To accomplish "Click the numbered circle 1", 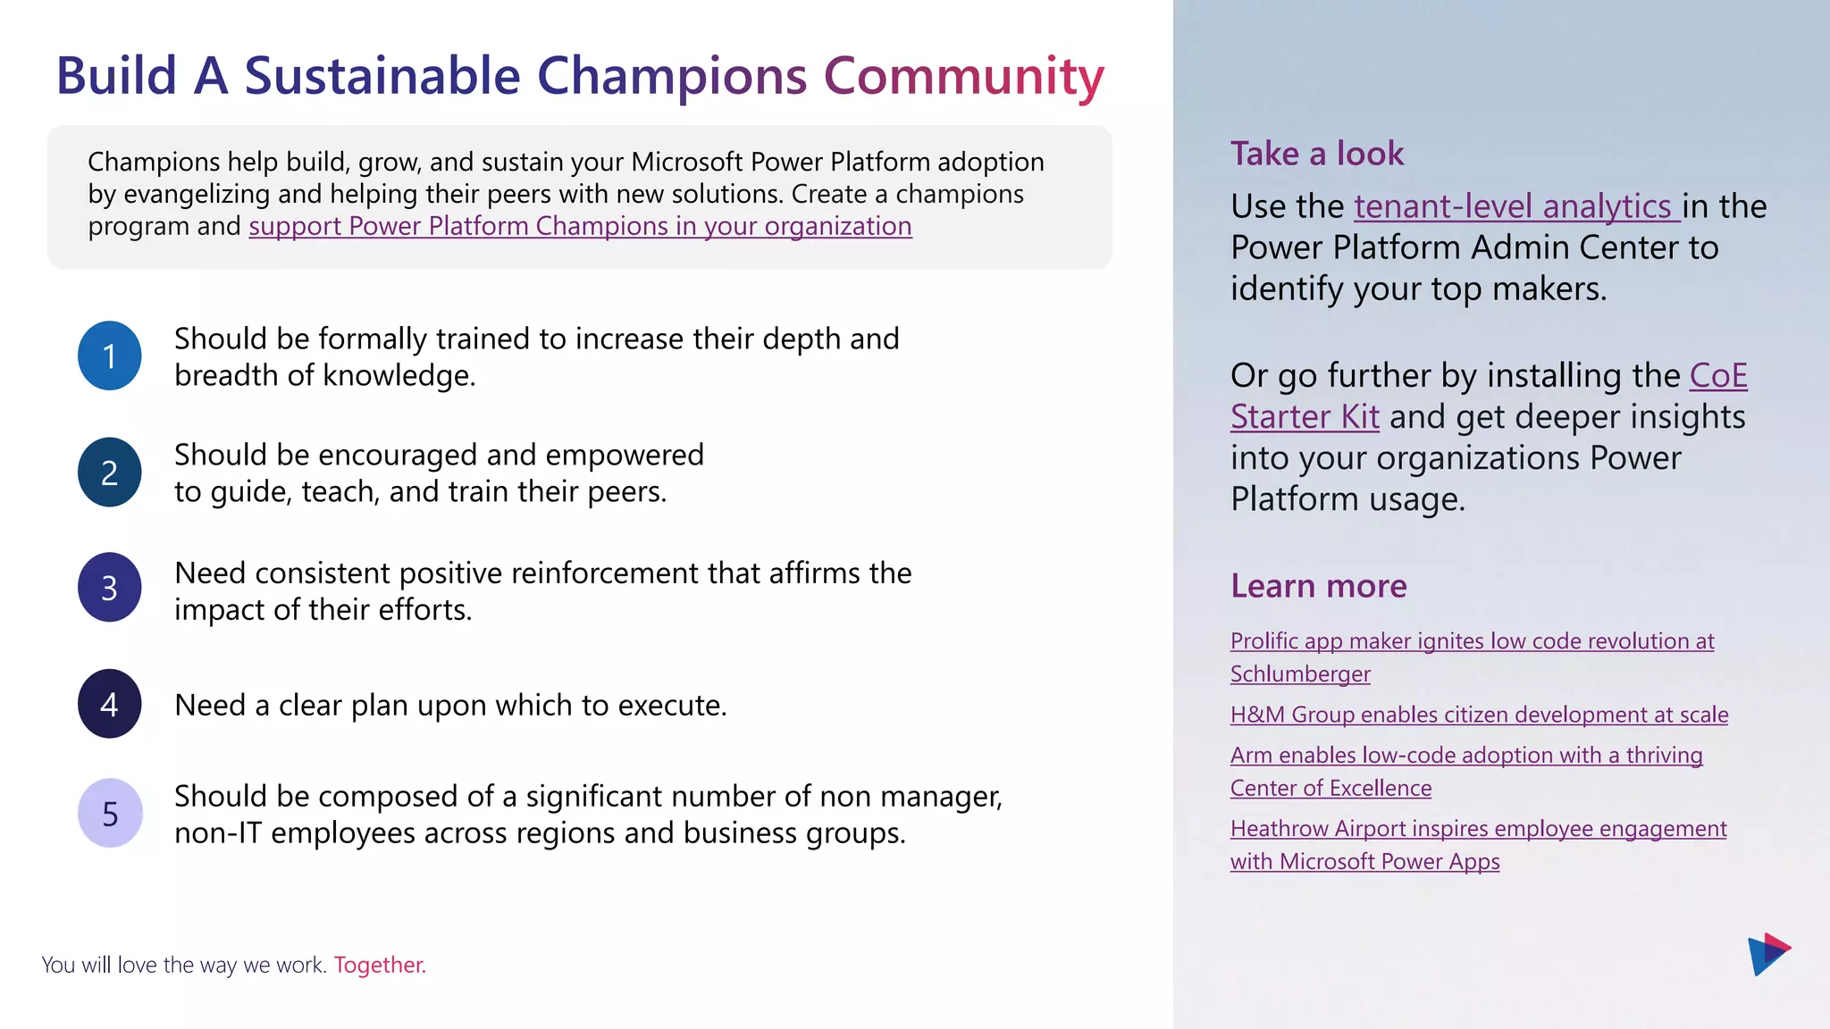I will click(109, 356).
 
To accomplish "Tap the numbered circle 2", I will click(109, 472).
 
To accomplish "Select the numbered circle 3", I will click(109, 588).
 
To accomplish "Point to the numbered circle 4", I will click(109, 704).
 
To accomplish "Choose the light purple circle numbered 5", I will click(110, 813).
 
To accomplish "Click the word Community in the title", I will click(963, 76).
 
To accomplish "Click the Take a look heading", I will click(1316, 154).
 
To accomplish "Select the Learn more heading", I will click(1318, 586).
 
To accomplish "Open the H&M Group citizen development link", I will click(1479, 715).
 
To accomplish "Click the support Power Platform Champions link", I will click(580, 226).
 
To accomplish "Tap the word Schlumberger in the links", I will click(1300, 674).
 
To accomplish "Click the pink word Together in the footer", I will click(380, 965).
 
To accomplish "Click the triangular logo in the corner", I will click(1767, 954).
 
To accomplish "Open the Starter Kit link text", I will click(1305, 417).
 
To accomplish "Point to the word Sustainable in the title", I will click(382, 76).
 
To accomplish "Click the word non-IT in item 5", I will click(217, 833).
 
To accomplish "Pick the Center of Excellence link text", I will click(1331, 789).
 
